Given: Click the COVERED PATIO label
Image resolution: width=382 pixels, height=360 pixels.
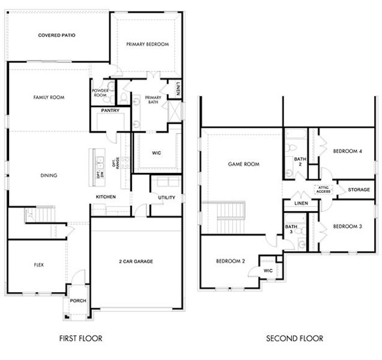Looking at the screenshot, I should tap(56, 35).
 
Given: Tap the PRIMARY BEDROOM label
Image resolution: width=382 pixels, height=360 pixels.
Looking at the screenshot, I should tap(147, 44).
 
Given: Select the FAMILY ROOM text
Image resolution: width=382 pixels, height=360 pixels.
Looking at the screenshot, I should tap(49, 97).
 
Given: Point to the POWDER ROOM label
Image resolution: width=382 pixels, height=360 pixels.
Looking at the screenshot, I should tap(100, 93).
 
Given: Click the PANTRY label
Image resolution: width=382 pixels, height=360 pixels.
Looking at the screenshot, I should tap(110, 110).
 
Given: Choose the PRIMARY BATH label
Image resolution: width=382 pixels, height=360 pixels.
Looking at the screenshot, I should tap(153, 100).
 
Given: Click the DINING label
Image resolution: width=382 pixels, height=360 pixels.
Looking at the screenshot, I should tap(49, 176).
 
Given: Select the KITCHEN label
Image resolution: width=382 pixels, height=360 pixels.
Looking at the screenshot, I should tap(106, 197).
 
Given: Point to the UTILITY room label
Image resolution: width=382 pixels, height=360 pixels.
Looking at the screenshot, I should tap(166, 197).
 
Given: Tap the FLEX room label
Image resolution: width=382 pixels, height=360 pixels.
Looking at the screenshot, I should tap(39, 264).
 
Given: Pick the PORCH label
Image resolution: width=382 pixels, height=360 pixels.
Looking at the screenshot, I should tap(78, 301).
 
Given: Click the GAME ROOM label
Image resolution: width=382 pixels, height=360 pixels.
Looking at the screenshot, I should tap(243, 164).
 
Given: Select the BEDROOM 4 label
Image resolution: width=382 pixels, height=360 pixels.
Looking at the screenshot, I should tap(347, 152).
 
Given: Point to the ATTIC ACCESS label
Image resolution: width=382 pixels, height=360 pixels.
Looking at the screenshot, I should tap(324, 190).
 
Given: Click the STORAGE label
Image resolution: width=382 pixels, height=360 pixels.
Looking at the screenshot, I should tap(359, 190).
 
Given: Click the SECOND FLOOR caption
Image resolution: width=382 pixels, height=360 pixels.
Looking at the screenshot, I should tap(294, 338).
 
